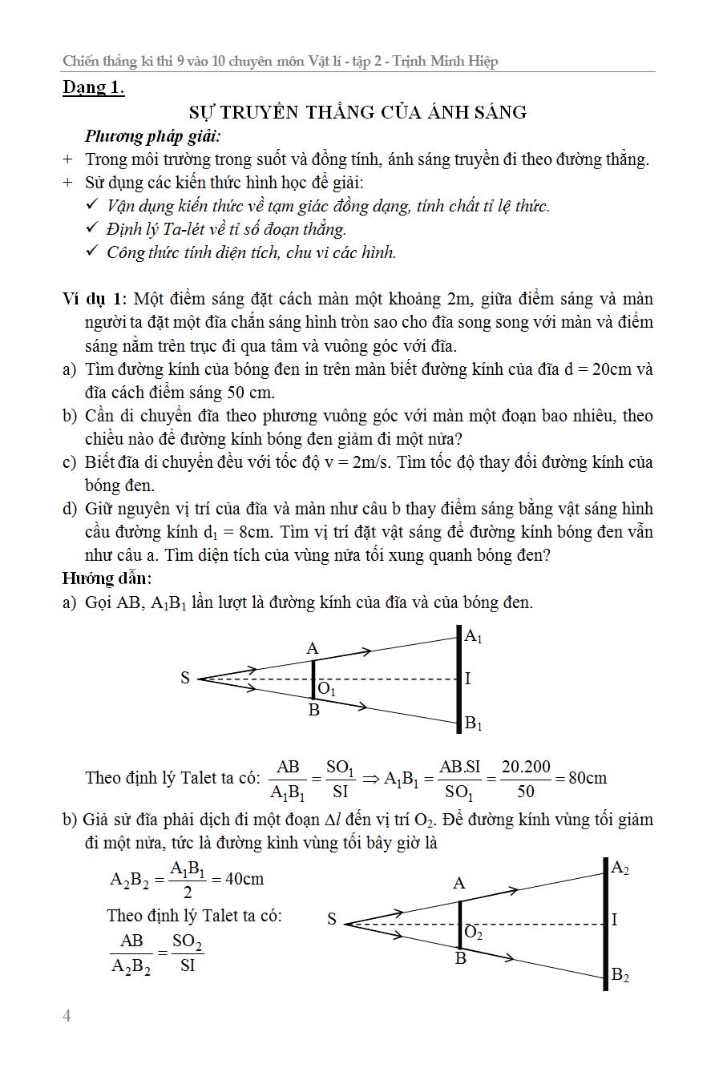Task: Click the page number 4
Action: click(67, 1017)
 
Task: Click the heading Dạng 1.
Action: click(94, 87)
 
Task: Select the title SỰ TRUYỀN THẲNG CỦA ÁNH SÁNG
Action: click(357, 112)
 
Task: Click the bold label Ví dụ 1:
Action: click(95, 300)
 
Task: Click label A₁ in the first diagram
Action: click(474, 637)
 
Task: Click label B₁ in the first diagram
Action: click(474, 723)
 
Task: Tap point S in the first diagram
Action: click(185, 679)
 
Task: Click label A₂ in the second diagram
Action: click(620, 868)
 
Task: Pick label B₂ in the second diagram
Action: click(620, 975)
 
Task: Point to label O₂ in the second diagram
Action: click(473, 934)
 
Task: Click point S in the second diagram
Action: click(332, 920)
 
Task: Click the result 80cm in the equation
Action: click(588, 777)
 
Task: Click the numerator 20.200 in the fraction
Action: click(526, 767)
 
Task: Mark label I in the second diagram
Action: click(615, 920)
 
